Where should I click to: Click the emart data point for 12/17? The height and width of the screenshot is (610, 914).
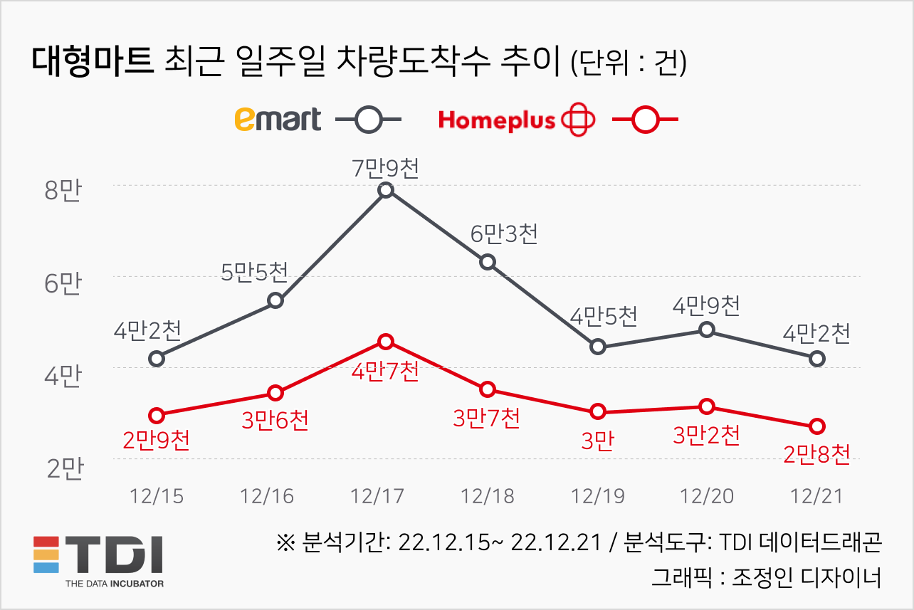(x=386, y=190)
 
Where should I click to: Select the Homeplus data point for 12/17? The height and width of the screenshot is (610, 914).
(x=386, y=342)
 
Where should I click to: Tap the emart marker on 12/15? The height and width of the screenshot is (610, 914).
(x=157, y=358)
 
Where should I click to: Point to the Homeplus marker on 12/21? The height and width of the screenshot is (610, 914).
(x=817, y=426)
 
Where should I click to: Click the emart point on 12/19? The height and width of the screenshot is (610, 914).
(x=598, y=347)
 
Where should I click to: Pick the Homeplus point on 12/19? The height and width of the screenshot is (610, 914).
(x=598, y=411)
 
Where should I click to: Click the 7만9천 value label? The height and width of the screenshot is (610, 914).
(x=386, y=169)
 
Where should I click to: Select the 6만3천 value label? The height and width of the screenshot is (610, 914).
(x=504, y=234)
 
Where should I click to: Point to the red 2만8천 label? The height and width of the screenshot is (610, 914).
(x=816, y=454)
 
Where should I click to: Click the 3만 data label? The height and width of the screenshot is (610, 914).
(x=597, y=441)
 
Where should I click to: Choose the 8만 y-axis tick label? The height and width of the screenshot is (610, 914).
(x=64, y=192)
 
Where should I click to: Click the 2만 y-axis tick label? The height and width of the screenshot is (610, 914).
(x=64, y=468)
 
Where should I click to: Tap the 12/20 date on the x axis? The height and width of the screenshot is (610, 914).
(x=707, y=496)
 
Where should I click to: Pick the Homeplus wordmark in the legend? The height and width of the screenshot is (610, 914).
(x=496, y=120)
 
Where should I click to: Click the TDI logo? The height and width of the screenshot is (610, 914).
(x=99, y=559)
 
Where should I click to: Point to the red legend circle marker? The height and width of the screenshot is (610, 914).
(x=645, y=120)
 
